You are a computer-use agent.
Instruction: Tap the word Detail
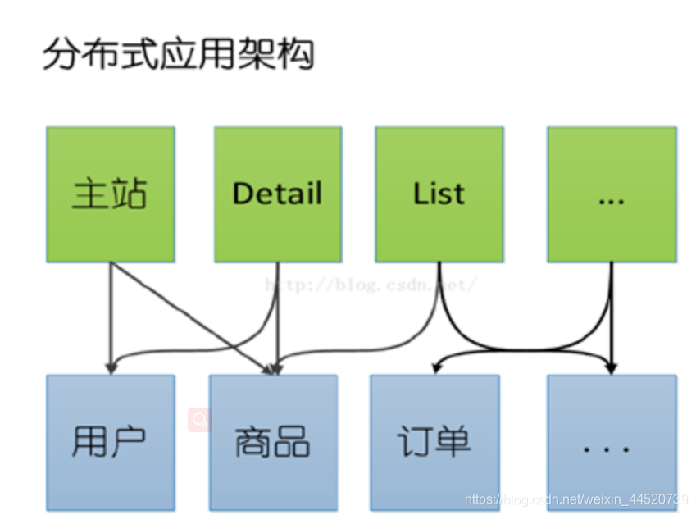click(x=277, y=194)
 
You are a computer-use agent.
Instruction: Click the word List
click(x=439, y=194)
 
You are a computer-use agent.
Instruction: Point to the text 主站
click(x=110, y=194)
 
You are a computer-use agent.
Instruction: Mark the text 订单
click(x=434, y=441)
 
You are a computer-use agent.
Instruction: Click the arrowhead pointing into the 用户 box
click(x=110, y=367)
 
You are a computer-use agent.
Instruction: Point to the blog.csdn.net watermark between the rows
click(x=369, y=285)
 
